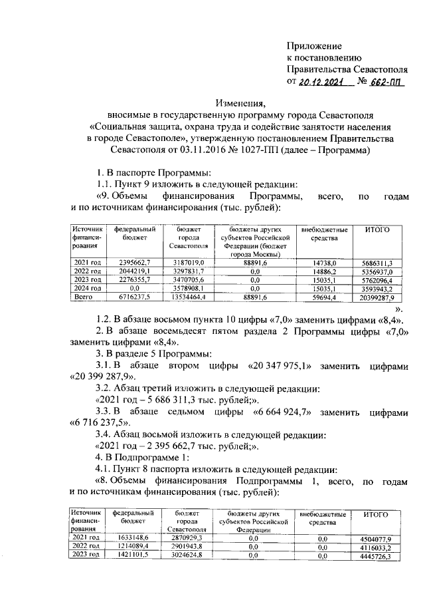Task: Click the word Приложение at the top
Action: pyautogui.click(x=314, y=46)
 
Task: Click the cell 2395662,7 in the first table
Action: pyautogui.click(x=135, y=263)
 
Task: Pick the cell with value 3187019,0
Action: pyautogui.click(x=189, y=263)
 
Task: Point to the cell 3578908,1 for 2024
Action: pyautogui.click(x=189, y=289)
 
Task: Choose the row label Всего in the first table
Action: pyautogui.click(x=84, y=298)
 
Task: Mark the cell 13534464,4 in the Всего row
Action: pyautogui.click(x=189, y=298)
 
